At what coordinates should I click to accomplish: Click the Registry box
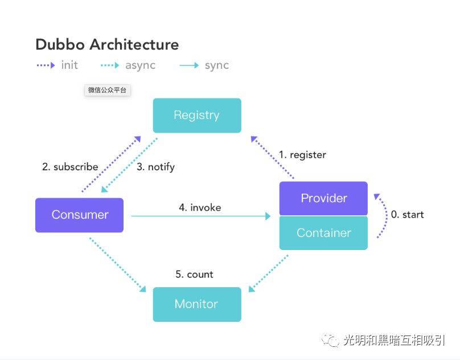tap(197, 116)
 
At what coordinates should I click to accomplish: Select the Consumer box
tap(79, 215)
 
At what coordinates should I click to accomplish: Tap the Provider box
tap(323, 198)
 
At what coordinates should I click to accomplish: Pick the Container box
tap(323, 233)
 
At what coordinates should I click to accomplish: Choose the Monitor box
tap(197, 304)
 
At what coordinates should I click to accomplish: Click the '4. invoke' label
tap(200, 207)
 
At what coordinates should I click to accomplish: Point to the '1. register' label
tap(302, 154)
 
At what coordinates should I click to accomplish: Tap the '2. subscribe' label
tap(70, 167)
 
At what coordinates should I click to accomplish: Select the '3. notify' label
tap(155, 167)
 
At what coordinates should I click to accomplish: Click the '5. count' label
tap(194, 274)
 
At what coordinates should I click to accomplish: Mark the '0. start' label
tap(407, 215)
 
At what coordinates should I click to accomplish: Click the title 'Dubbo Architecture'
tap(107, 44)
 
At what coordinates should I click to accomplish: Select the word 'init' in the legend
tap(69, 65)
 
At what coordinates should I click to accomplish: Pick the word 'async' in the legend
tap(140, 65)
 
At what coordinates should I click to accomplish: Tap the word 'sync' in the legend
tap(217, 65)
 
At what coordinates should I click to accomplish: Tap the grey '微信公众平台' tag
tap(108, 90)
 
